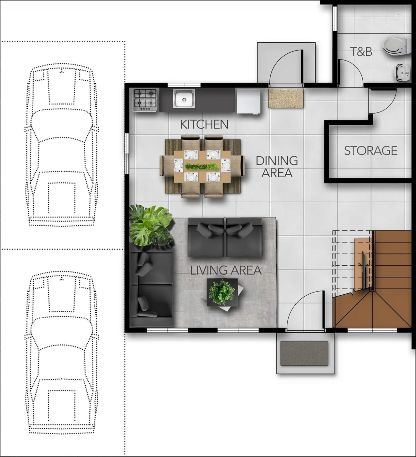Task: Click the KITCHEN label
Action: click(204, 124)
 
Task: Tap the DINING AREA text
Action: click(277, 167)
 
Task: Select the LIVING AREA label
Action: click(226, 270)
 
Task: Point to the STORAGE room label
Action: click(371, 151)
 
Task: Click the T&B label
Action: click(361, 52)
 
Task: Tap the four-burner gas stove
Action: click(145, 100)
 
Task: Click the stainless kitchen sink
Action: click(184, 98)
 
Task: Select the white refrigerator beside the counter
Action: click(249, 101)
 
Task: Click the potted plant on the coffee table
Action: click(222, 292)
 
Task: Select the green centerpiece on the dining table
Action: click(202, 166)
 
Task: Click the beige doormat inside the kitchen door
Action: click(286, 98)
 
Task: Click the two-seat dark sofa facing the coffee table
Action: click(225, 237)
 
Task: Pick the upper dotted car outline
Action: click(62, 144)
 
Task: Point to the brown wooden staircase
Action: click(372, 279)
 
